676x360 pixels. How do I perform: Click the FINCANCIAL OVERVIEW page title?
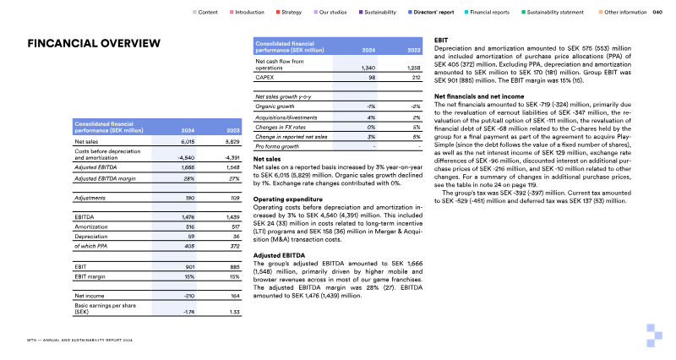[94, 43]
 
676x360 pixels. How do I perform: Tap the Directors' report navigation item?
[433, 13]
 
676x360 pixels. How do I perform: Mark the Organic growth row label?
[275, 106]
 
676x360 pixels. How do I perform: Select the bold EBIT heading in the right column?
[440, 40]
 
